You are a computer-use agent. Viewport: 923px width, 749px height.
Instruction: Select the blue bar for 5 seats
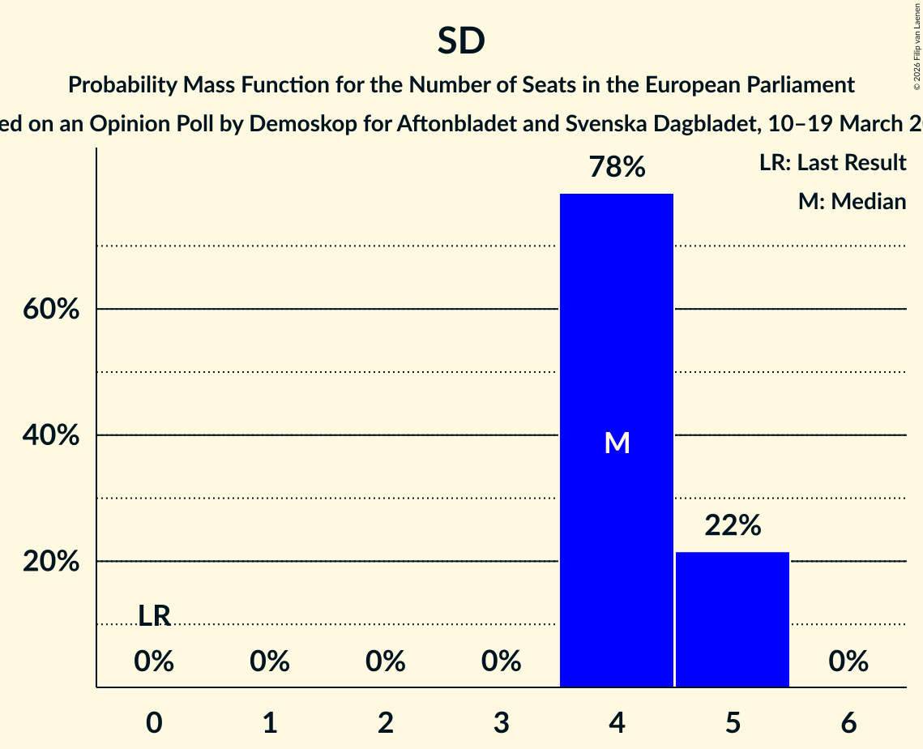point(733,619)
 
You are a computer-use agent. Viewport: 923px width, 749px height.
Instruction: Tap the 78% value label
point(617,168)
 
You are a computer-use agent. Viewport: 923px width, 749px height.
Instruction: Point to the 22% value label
point(733,526)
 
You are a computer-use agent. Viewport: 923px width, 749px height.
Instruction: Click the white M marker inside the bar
point(617,443)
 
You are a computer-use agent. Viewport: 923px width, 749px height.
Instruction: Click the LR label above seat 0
point(154,616)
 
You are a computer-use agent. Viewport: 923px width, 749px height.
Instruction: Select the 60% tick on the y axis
point(50,310)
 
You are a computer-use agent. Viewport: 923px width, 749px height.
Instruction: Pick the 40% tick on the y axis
point(50,435)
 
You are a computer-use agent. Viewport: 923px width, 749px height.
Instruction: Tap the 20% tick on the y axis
point(50,562)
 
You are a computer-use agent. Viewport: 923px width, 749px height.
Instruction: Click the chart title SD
point(461,41)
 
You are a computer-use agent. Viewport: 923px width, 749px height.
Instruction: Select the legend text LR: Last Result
point(832,163)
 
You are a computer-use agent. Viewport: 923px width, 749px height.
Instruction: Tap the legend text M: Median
point(852,201)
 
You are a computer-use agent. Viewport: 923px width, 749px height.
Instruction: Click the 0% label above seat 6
point(848,662)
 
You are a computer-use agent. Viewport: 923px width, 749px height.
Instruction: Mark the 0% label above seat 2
point(386,662)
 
